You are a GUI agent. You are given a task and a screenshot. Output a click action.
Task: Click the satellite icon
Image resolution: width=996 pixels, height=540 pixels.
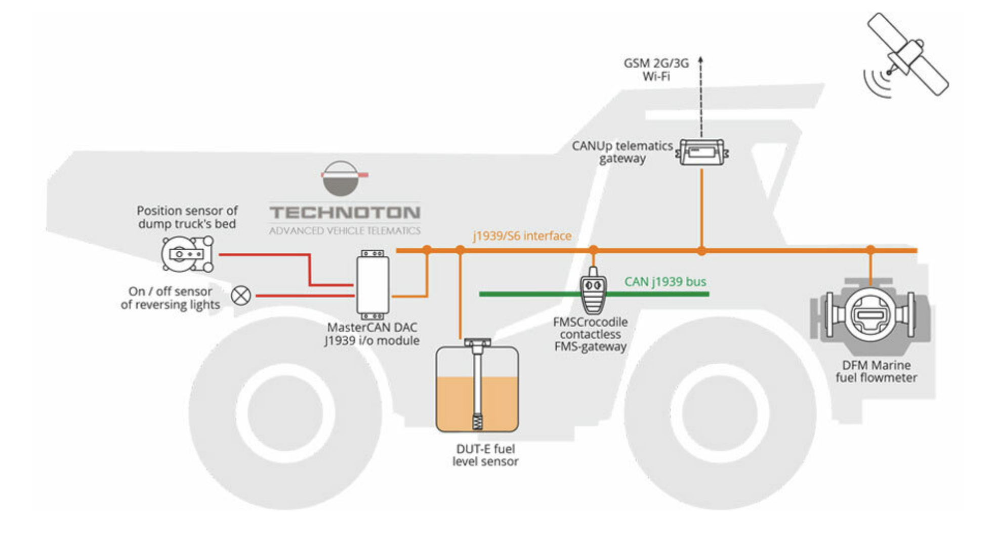click(x=907, y=54)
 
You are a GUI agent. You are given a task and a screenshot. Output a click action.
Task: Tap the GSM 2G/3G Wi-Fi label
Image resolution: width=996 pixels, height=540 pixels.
click(x=656, y=70)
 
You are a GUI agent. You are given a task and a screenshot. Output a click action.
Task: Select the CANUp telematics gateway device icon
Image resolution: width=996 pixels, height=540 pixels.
click(x=702, y=152)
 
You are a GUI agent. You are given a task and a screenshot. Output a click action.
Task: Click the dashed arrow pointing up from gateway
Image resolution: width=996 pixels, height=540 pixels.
click(x=701, y=96)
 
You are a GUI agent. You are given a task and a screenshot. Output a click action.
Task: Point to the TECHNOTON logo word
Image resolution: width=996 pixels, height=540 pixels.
click(x=345, y=212)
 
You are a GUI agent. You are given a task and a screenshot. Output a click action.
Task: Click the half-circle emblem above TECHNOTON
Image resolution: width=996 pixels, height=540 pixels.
click(x=341, y=178)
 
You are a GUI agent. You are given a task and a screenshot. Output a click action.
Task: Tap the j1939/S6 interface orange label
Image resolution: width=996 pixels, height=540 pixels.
click(x=522, y=236)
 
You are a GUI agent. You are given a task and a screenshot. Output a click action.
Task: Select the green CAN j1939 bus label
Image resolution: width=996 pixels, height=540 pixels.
click(x=665, y=282)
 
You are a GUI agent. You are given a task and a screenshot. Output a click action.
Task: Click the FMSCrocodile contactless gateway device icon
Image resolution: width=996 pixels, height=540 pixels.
click(x=593, y=292)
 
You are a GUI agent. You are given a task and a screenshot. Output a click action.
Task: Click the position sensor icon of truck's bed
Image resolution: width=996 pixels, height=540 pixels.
click(x=187, y=254)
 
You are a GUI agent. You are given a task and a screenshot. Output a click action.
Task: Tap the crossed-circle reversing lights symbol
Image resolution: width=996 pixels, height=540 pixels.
click(x=241, y=295)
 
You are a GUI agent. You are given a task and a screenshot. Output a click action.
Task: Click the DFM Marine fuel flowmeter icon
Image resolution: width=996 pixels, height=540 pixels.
click(x=870, y=314)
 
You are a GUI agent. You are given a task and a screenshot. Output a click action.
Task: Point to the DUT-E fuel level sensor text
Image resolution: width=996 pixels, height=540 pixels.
click(x=485, y=455)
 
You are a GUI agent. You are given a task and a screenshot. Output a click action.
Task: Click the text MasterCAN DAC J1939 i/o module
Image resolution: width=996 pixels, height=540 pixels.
click(x=372, y=334)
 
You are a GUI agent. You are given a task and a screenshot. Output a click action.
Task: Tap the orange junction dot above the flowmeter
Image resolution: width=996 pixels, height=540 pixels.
click(x=870, y=250)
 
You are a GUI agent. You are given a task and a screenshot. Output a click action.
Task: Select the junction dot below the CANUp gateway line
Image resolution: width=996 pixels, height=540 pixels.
click(x=701, y=250)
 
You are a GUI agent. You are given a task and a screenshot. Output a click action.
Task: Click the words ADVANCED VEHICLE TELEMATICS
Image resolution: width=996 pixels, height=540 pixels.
click(x=345, y=231)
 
